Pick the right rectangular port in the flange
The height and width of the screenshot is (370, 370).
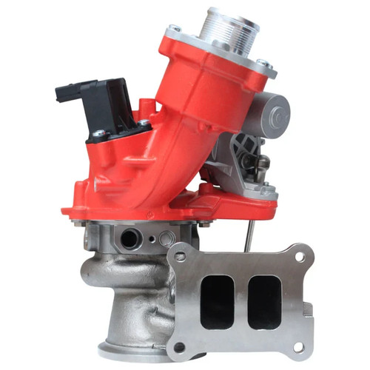pos(263,301)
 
